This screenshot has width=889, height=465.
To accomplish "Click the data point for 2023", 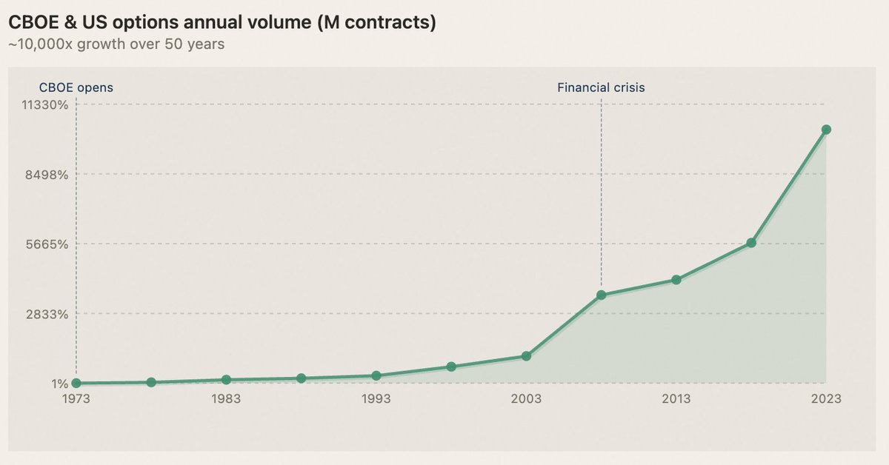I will pos(826,130).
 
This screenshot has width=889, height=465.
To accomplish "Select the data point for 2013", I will pos(676,280).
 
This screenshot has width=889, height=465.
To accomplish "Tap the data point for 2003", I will pos(526,356).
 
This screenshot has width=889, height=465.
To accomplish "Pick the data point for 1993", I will pos(376,375).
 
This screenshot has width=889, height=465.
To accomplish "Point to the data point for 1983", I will pos(226,380).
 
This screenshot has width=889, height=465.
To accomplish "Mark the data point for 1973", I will pos(76,384).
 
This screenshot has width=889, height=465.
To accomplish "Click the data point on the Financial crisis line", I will pos(602,295).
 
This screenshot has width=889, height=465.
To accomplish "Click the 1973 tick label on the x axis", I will pos(76,399).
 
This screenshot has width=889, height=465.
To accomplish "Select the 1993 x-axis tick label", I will pos(376,399).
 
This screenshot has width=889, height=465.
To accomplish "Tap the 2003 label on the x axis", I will pos(526,399).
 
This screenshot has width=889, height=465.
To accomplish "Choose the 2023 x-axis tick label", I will pos(826,399).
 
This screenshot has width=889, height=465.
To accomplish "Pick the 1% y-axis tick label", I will pos(59,384).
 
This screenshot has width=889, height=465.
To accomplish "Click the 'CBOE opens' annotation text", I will pos(76,87).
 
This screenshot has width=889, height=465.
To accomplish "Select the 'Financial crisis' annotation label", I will pos(601,87).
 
